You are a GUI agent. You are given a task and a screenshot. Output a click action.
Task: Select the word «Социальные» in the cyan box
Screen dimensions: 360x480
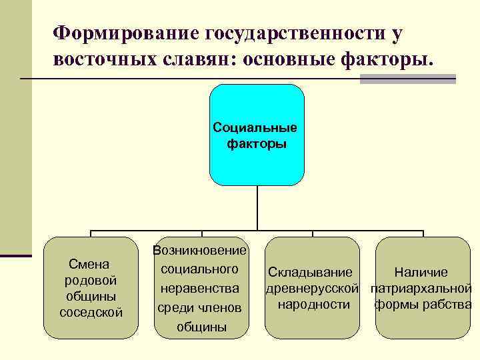255,127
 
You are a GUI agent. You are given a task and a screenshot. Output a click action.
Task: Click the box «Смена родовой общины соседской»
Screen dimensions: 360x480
90,288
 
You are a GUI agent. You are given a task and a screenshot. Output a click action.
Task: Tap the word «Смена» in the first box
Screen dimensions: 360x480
89,264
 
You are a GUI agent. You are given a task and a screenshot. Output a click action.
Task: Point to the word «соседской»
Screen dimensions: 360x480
91,312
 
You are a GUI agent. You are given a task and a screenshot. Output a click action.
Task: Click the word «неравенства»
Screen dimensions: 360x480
200,289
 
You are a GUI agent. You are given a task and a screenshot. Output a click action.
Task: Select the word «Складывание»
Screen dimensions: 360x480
310,273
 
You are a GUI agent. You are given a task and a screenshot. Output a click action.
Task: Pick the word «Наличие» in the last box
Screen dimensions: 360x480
421,273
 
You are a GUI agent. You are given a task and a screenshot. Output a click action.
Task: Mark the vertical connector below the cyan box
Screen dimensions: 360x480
257,207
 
